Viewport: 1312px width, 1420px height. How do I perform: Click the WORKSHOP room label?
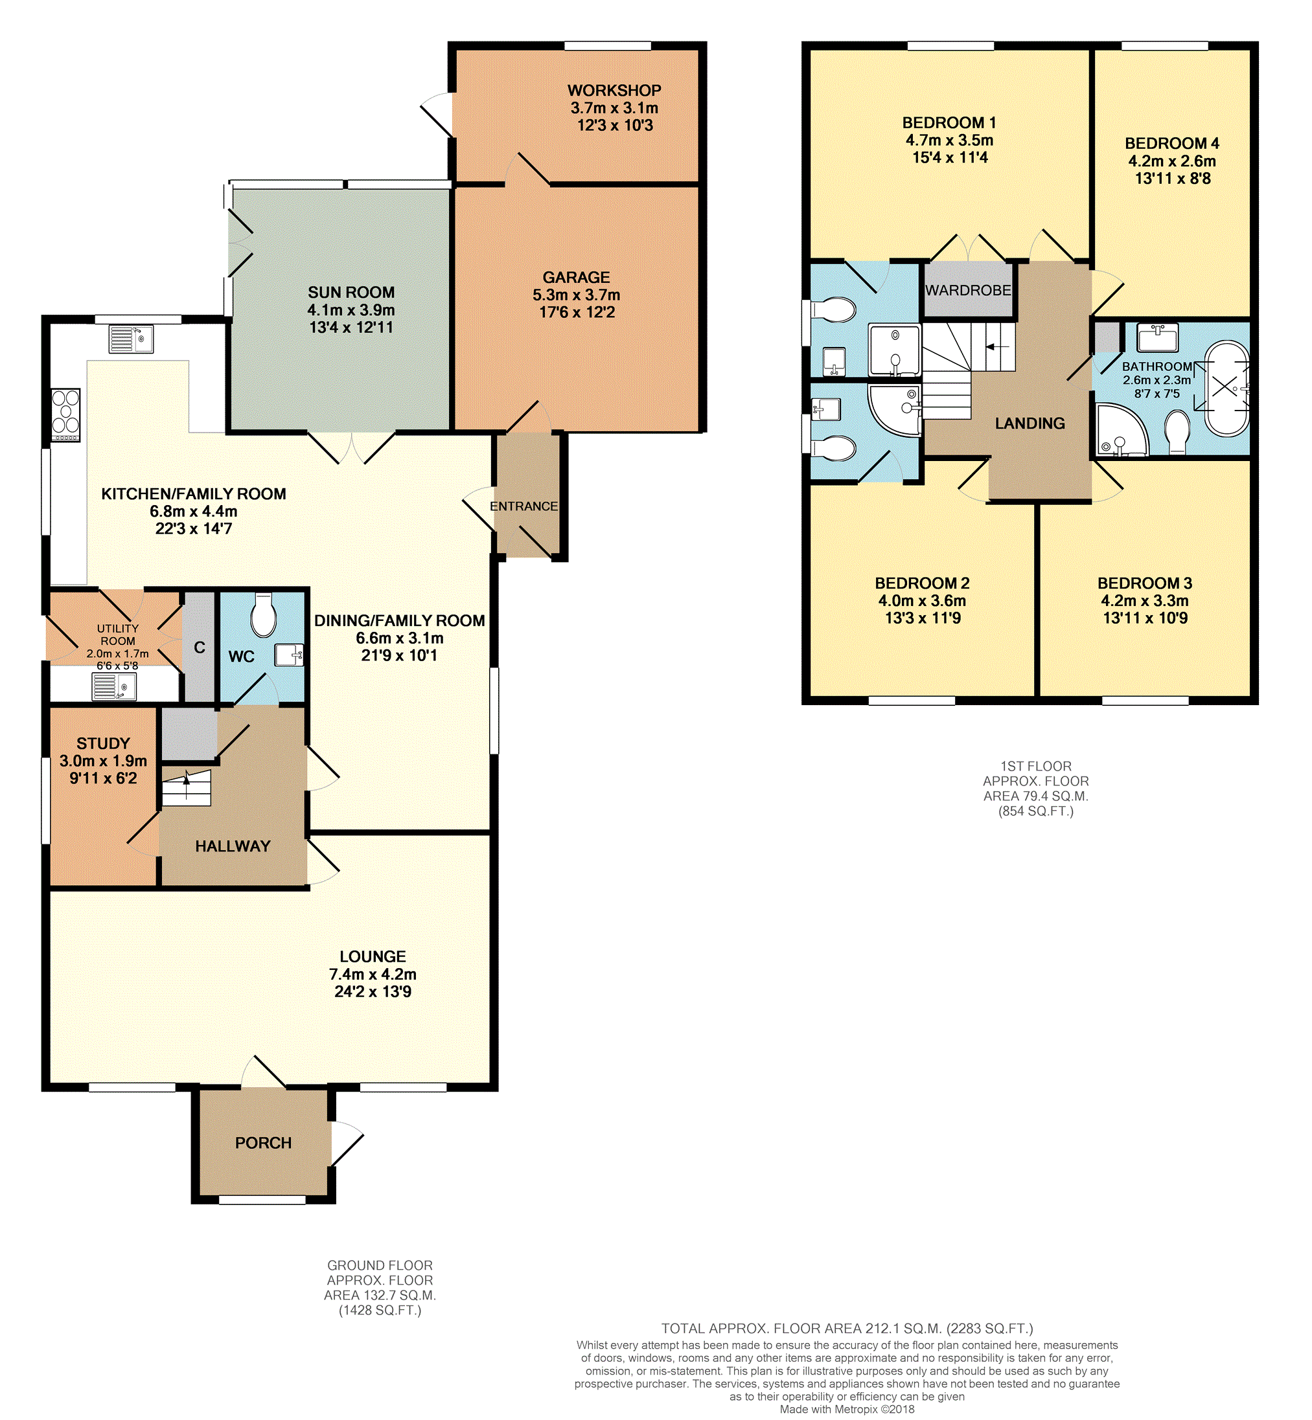point(614,91)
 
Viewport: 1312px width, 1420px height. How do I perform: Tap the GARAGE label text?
point(577,278)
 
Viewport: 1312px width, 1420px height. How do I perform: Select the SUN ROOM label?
point(351,293)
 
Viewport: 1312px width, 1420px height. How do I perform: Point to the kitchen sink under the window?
point(132,339)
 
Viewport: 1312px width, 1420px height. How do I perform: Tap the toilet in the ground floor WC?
point(264,614)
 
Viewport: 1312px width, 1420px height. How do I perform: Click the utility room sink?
point(113,686)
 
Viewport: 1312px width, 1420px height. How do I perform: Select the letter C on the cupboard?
point(200,648)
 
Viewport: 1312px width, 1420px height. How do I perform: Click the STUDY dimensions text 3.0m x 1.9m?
point(104,761)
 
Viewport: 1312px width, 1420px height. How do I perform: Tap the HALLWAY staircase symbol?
point(187,788)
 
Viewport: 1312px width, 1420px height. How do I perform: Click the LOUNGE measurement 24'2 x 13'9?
point(373,992)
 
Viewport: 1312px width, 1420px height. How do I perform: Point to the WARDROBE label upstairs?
point(968,290)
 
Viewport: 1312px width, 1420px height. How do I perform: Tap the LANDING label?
point(1030,423)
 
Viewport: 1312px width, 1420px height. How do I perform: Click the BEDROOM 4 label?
point(1172,143)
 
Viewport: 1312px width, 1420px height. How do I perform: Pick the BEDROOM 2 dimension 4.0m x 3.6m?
point(922,601)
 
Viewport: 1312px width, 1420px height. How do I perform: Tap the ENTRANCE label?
point(524,506)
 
